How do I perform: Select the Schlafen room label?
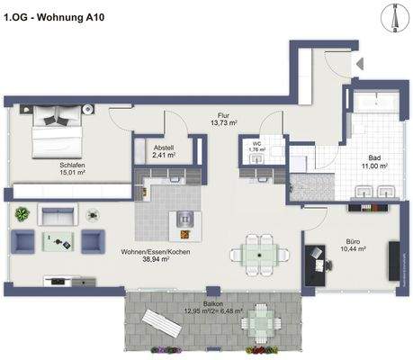74,166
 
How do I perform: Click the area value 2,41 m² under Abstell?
164,157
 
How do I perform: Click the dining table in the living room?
258,255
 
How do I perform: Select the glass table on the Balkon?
260,319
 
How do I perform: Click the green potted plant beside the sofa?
22,214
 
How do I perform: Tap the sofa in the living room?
58,215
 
